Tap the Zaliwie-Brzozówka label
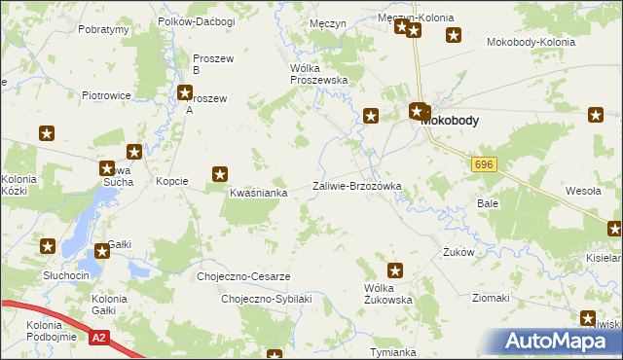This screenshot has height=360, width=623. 356,186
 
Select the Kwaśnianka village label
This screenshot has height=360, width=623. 258,193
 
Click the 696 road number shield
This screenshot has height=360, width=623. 485,165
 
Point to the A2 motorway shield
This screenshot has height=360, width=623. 98,338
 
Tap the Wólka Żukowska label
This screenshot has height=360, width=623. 388,294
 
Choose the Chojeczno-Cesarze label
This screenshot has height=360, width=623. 243,276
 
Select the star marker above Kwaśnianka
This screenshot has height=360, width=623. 221,175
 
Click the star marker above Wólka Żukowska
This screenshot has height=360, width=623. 395,270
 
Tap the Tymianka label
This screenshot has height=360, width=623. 393,351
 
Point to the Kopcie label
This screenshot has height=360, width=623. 172,182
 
